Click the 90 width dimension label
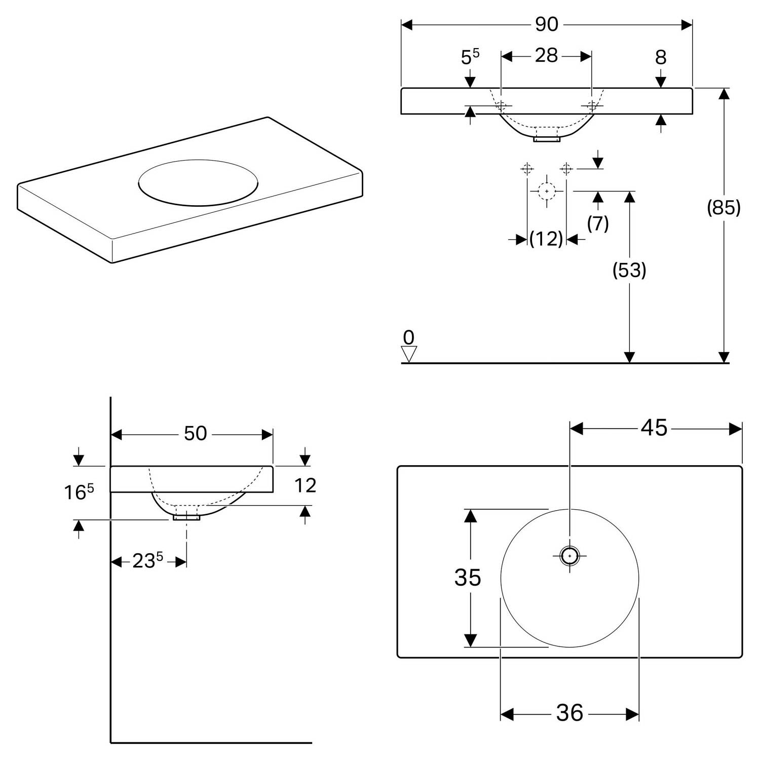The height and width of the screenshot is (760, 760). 547,24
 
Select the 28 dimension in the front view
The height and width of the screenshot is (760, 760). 546,56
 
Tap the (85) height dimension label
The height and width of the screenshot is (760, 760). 724,207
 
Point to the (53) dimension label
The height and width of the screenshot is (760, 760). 629,271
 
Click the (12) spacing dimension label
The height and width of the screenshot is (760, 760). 546,239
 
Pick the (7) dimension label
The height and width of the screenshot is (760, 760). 598,223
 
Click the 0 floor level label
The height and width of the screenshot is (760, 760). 408,337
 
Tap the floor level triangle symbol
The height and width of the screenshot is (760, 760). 408,354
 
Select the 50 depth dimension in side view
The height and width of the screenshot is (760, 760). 195,434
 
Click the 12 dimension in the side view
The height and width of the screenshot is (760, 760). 305,485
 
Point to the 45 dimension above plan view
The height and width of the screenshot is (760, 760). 654,429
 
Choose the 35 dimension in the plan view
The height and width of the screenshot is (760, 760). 467,577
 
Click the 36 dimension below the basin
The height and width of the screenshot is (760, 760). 569,713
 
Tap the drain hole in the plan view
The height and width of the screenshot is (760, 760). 569,555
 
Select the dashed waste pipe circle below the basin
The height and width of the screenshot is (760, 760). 547,191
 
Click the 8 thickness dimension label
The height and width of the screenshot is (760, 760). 661,58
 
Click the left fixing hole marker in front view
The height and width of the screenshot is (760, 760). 501,106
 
